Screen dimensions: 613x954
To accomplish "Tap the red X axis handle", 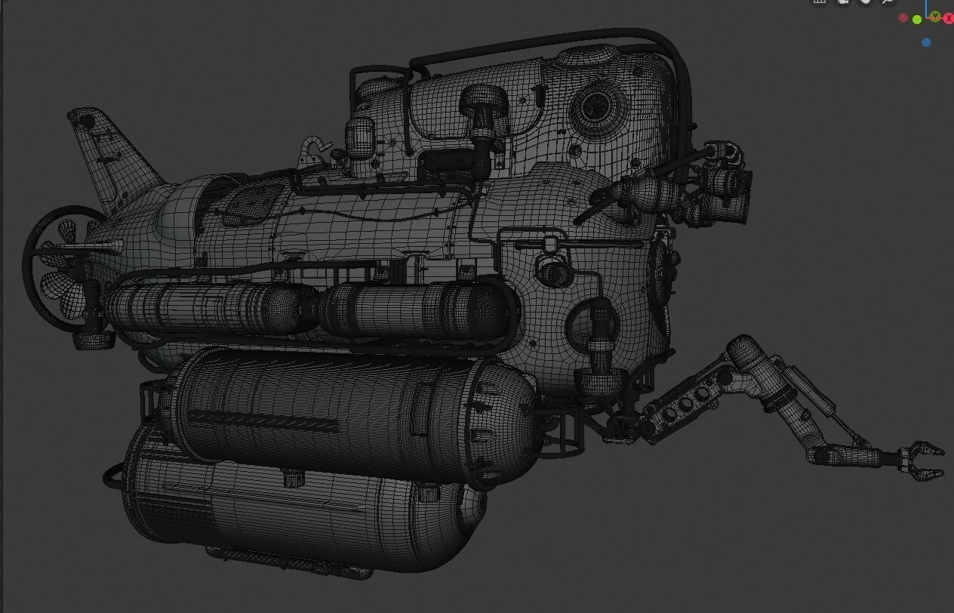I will (x=948, y=18).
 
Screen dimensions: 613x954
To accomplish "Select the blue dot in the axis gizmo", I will (x=926, y=42).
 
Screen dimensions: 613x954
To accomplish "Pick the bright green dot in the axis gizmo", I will (x=917, y=20).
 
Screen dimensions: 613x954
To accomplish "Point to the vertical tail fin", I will (x=106, y=155).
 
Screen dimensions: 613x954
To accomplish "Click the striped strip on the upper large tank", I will (x=264, y=420).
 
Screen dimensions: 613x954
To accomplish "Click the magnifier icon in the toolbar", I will (x=888, y=2).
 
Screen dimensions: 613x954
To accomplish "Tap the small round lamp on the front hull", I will (x=553, y=273).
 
